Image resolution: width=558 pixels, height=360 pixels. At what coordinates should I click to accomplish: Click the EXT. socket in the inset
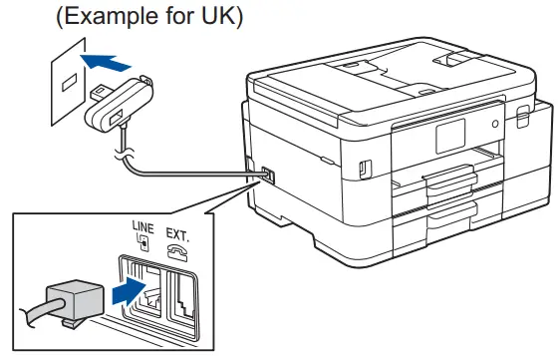click(184, 293)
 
